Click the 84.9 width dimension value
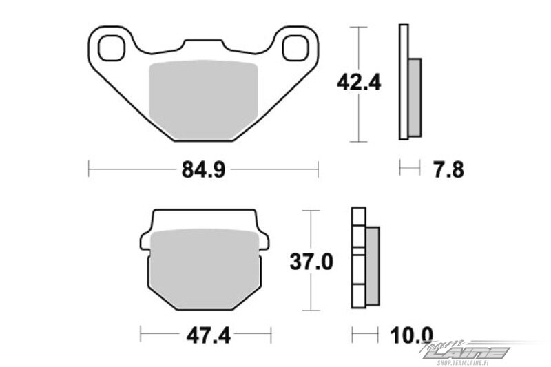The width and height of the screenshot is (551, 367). [203, 169]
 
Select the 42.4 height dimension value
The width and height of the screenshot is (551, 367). [359, 83]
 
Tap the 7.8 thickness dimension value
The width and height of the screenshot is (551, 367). [448, 169]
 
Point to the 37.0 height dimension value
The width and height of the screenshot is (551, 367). [311, 262]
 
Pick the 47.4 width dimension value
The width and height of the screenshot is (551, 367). [209, 335]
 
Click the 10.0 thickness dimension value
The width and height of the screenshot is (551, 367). [411, 335]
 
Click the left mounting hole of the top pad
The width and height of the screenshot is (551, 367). [112, 48]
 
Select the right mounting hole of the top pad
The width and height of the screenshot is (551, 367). [296, 48]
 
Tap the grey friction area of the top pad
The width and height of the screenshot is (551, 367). [203, 100]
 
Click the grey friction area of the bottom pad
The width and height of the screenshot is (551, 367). [205, 269]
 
